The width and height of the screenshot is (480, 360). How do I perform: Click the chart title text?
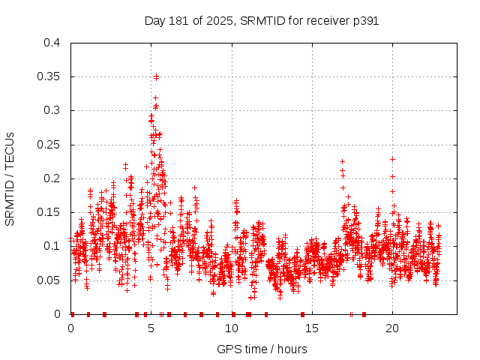point(261,21)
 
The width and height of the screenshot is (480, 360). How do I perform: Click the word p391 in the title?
point(364,21)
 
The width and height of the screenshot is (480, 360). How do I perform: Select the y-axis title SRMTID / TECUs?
point(10,178)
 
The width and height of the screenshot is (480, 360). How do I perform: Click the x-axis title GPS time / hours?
point(261,349)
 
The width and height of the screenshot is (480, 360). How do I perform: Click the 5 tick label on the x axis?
point(151,328)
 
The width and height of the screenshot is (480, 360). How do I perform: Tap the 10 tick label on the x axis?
point(232,328)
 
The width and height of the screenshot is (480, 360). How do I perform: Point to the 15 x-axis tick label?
point(312,328)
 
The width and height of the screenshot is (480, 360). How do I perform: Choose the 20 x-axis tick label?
point(392,328)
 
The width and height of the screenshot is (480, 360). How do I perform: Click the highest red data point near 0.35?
point(156,76)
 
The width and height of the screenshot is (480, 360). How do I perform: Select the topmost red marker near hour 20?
point(392,159)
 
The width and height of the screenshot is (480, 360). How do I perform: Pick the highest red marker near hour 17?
point(342,161)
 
